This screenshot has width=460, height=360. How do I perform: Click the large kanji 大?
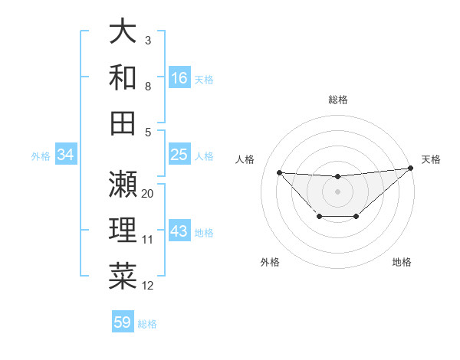coord(123,31)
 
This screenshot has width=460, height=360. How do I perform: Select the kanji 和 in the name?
coord(123,77)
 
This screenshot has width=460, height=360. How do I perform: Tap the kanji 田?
coord(123,123)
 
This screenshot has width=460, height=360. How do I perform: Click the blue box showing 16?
coord(179,77)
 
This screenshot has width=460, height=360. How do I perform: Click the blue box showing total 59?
coord(123,322)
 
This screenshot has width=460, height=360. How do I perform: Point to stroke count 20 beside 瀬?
coord(148,194)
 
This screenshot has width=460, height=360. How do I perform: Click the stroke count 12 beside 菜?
coord(148,286)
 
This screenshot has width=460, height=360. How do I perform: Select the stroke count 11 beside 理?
coord(148,240)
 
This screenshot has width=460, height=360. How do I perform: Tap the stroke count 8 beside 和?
coord(148,87)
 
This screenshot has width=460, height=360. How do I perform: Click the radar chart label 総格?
coord(337,100)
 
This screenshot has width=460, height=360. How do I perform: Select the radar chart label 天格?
coord(431,159)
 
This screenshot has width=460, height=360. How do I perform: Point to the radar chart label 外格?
coord(270,262)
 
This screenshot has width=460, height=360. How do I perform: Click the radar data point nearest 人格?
coord(279,172)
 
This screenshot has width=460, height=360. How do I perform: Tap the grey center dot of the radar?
coord(337,191)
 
